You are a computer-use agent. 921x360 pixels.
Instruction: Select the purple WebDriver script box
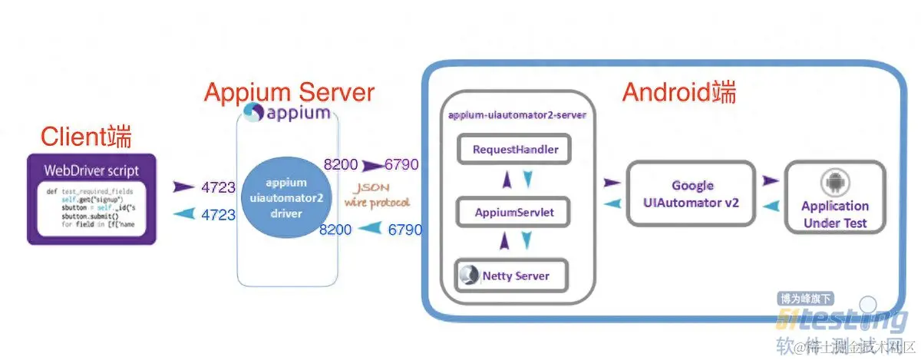(91, 200)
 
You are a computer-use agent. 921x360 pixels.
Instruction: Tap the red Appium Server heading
(289, 93)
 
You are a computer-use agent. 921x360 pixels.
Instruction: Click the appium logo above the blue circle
(287, 114)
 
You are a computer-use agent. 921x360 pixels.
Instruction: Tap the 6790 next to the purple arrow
(402, 163)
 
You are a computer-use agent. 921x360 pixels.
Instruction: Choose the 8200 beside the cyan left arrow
(336, 228)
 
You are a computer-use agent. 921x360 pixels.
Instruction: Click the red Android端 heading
(678, 93)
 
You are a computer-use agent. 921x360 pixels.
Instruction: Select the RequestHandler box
(515, 149)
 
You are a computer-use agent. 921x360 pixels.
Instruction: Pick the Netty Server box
(514, 275)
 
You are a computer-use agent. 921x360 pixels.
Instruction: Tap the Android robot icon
(834, 182)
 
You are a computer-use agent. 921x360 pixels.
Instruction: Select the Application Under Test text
(834, 214)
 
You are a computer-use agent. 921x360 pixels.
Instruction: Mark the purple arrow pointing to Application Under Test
(771, 181)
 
